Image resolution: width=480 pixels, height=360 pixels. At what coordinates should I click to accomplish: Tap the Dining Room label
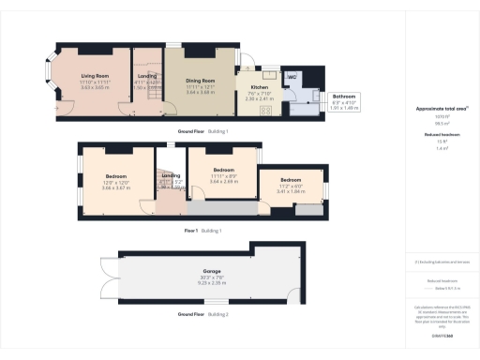point(201,81)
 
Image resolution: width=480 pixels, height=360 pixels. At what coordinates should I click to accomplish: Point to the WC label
point(292,76)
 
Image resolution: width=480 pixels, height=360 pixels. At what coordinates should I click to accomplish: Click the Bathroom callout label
point(345,97)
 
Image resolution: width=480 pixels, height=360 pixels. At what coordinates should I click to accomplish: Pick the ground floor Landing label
point(148,76)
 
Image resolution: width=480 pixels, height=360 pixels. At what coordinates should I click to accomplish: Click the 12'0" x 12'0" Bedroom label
point(116,175)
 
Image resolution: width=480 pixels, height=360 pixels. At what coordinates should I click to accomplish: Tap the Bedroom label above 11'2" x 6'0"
point(291,179)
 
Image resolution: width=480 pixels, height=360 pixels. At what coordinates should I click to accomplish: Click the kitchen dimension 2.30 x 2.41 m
point(258,98)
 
